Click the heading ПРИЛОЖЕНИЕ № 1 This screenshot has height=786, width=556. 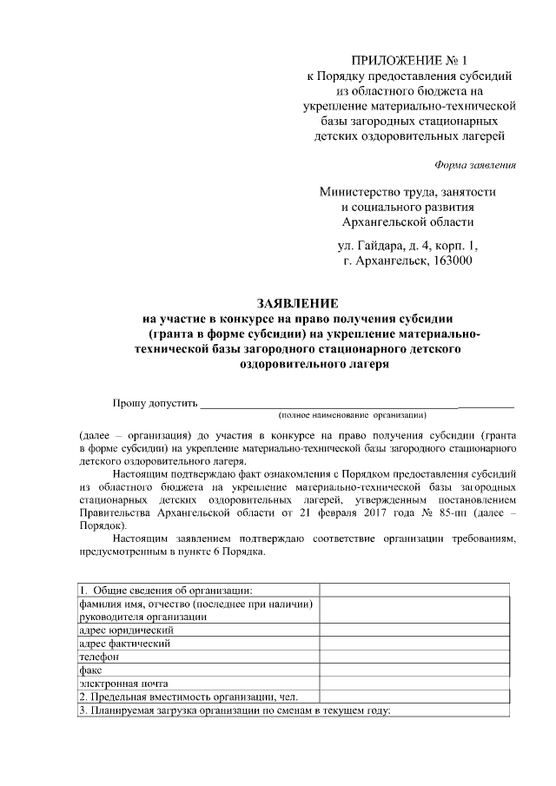click(x=407, y=60)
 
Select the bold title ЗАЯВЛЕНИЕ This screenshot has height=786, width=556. click(x=296, y=303)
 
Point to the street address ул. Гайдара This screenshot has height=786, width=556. click(x=374, y=245)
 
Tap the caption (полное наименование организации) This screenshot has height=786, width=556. click(x=352, y=416)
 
